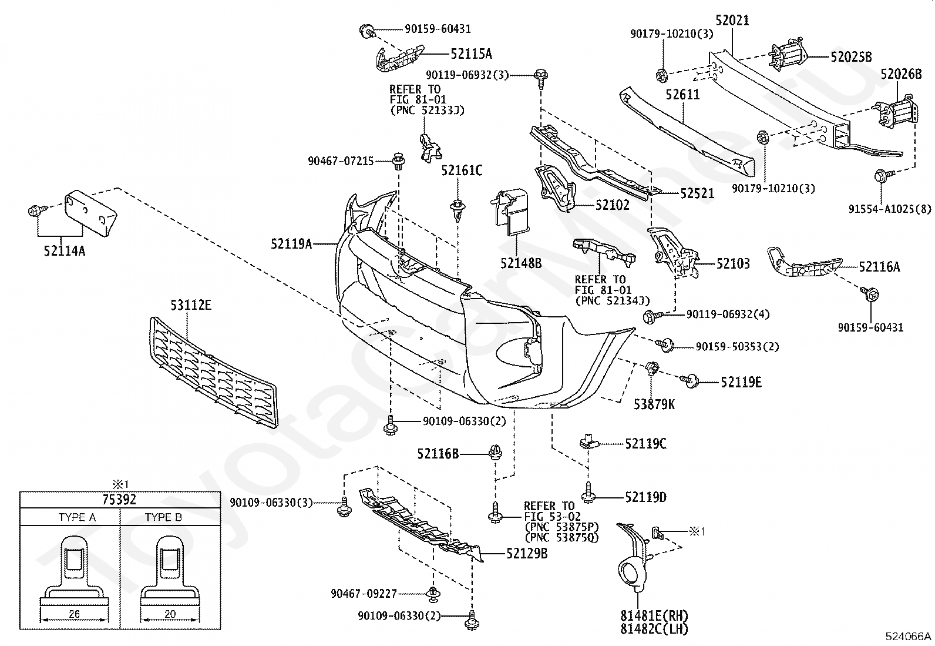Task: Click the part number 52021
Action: pos(732,20)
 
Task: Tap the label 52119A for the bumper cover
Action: pos(291,243)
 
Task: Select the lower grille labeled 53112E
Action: pos(213,373)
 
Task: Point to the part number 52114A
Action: pos(64,251)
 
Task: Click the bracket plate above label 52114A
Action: pos(90,213)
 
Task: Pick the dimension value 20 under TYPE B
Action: pos(170,614)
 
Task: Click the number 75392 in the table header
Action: pos(119,500)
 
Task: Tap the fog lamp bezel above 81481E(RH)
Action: pos(634,558)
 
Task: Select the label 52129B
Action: pos(527,554)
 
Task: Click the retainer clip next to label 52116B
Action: pos(495,451)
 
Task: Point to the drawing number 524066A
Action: pos(909,637)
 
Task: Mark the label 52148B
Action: pos(521,263)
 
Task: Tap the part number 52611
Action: pos(682,95)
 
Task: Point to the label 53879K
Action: pos(654,404)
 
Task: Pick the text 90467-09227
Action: pos(364,594)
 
